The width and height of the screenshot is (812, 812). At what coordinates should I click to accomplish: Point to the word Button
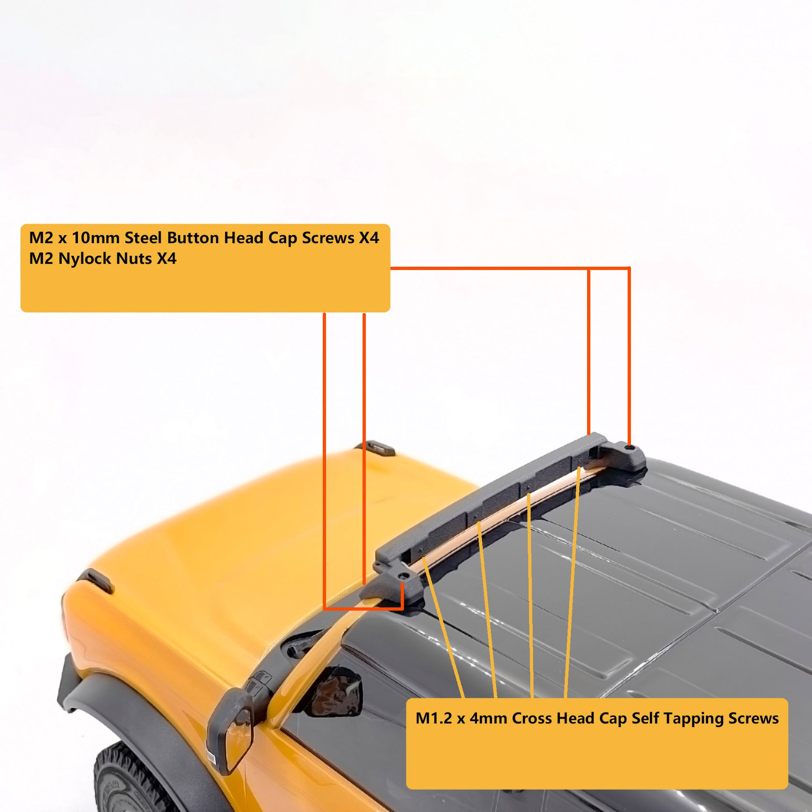[x=193, y=238]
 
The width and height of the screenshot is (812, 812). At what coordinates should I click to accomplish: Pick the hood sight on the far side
[x=375, y=448]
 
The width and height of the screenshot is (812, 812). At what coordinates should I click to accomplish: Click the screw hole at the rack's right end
[x=628, y=448]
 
